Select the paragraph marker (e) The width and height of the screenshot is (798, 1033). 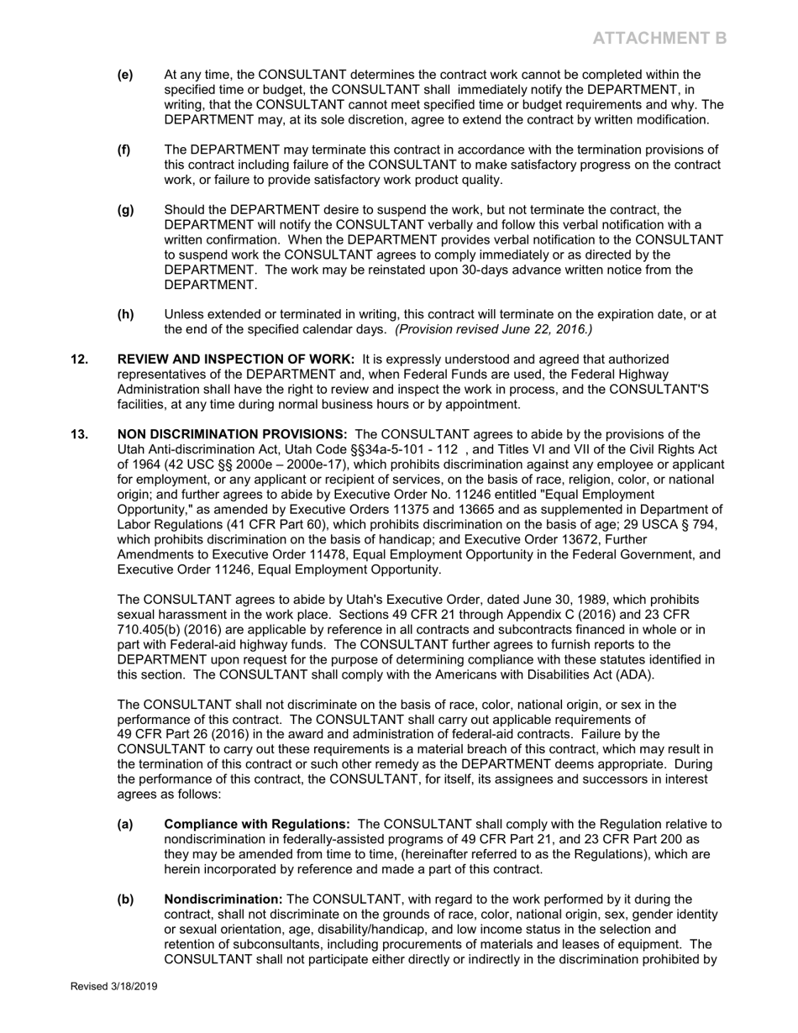125,75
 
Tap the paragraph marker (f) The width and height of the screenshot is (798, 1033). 124,149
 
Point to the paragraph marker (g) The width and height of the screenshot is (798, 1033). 125,209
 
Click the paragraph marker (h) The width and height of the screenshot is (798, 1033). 125,314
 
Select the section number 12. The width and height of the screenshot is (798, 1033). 79,359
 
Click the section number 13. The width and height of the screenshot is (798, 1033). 79,434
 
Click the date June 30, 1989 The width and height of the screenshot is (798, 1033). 522,600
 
